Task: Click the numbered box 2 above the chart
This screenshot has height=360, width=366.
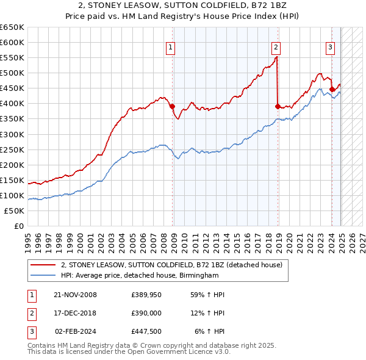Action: [276, 47]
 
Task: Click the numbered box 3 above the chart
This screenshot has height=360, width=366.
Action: [330, 47]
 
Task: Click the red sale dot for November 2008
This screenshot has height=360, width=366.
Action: [173, 106]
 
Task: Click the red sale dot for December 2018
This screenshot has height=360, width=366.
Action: [278, 106]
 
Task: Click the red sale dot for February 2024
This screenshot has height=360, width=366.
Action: [332, 89]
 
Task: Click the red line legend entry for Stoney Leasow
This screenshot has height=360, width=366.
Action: [171, 265]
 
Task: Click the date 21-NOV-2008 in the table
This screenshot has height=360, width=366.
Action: [75, 295]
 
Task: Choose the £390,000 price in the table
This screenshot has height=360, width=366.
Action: [146, 314]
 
